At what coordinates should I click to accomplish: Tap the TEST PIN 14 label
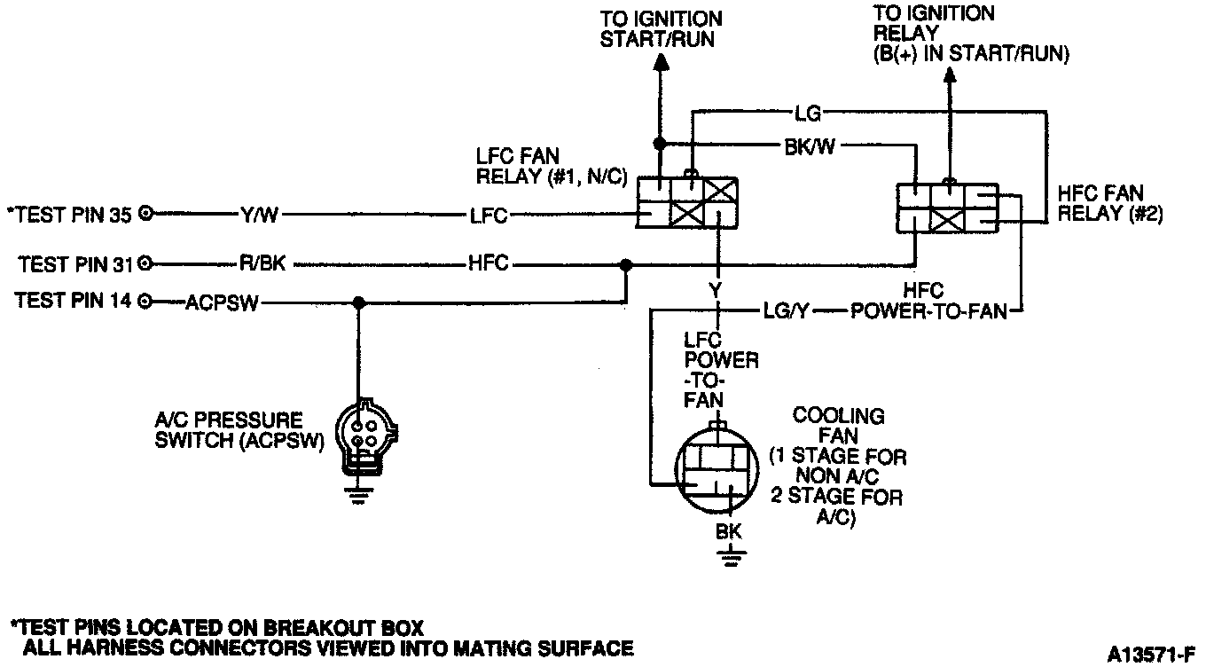(x=74, y=302)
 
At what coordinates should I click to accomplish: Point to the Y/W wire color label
(x=260, y=214)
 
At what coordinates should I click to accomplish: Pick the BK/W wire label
(x=808, y=144)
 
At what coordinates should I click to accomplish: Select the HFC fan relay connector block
(x=948, y=208)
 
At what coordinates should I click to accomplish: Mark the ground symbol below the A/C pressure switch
(x=359, y=496)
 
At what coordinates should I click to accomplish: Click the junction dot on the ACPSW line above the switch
(x=359, y=302)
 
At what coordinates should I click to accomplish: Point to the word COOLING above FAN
(x=826, y=416)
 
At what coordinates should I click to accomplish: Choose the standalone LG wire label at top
(x=808, y=112)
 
